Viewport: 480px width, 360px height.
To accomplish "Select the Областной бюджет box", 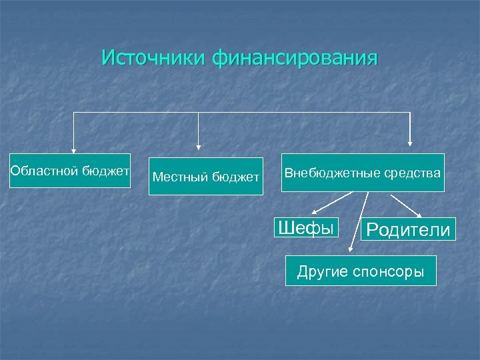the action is pos(70,172).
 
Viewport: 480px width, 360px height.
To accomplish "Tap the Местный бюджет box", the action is pos(205,177).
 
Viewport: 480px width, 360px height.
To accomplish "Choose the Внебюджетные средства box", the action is pos(363,173).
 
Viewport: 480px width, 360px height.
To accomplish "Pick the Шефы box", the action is pos(305,228).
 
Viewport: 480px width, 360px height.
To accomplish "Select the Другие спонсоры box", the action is pos(361,271).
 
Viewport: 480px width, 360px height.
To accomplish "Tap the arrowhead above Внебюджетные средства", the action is pos(410,141).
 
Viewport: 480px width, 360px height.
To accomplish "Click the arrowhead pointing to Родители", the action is pos(419,215).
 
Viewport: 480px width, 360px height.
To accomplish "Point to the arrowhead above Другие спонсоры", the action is pos(351,250).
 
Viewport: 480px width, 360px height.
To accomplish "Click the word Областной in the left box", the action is pos(45,171).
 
